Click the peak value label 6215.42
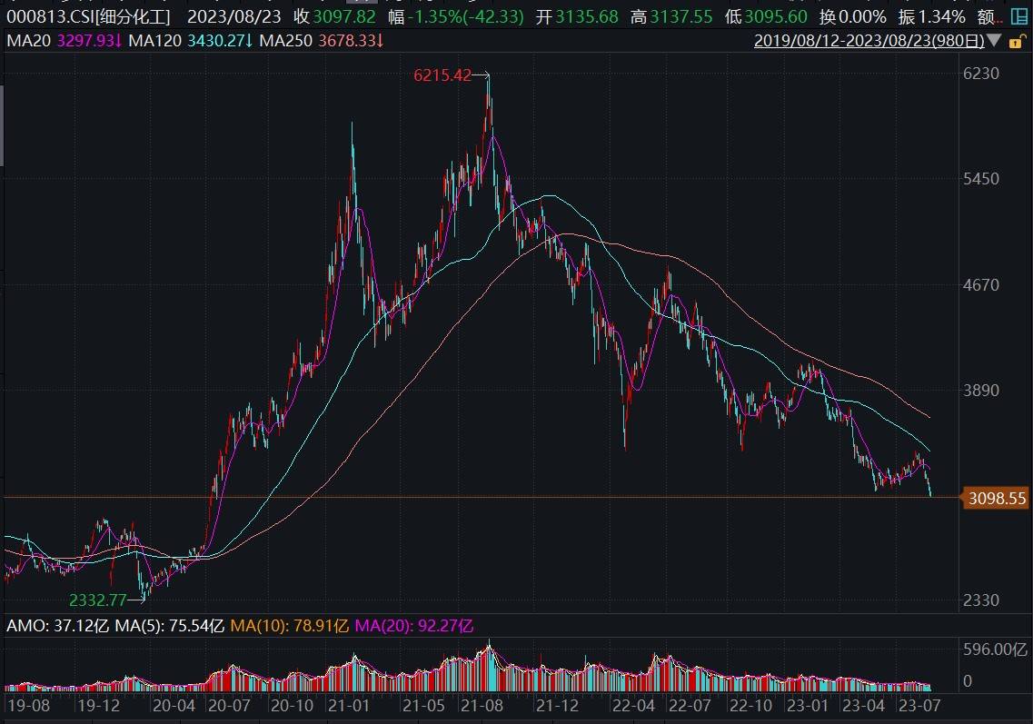[x=442, y=76]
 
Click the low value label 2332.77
[x=98, y=600]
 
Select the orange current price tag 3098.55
[x=997, y=499]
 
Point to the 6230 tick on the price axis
[x=981, y=74]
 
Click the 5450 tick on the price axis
[x=981, y=179]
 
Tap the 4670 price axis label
[x=981, y=285]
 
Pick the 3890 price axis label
[x=981, y=391]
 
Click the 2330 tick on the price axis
[x=981, y=600]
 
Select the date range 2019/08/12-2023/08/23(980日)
[x=869, y=41]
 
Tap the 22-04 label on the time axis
[x=632, y=705]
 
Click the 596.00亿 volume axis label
[x=996, y=650]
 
